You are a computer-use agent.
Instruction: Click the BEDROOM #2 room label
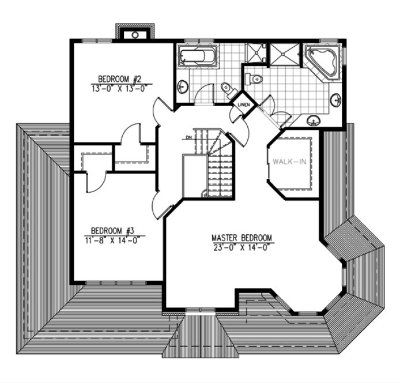click(115, 79)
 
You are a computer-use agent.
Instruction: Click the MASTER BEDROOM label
click(241, 238)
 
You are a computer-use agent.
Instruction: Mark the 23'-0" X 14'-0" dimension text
click(241, 247)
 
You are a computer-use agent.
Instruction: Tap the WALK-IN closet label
click(289, 162)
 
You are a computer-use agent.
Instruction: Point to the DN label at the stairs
click(188, 137)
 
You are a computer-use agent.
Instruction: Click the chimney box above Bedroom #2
click(134, 33)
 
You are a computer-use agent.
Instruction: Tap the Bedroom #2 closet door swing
click(131, 136)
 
